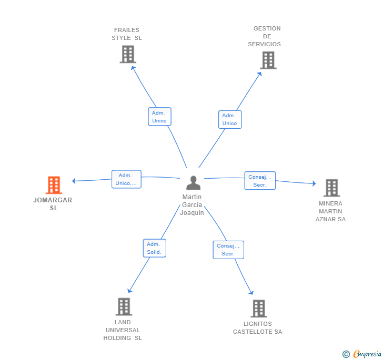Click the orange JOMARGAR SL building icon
(x=54, y=185)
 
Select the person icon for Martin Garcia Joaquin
(x=194, y=183)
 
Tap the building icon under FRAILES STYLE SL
(x=128, y=54)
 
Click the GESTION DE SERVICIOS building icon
(x=268, y=60)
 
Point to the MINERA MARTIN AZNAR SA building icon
(x=331, y=188)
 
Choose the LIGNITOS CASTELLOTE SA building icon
(x=259, y=308)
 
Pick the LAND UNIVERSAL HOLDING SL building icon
(x=124, y=306)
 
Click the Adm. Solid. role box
(x=155, y=248)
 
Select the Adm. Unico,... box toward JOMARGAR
(x=126, y=179)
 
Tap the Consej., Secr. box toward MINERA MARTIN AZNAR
(x=260, y=181)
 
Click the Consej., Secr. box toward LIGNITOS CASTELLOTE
(x=228, y=250)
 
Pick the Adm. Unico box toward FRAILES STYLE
(x=160, y=117)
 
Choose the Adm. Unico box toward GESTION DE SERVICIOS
(x=230, y=120)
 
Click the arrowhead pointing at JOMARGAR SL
(x=74, y=181)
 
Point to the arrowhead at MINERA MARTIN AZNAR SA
(x=314, y=183)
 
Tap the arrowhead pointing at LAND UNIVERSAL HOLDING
(x=129, y=290)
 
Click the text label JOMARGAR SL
(x=53, y=204)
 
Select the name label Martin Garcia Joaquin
(x=192, y=205)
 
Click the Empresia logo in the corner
(x=362, y=354)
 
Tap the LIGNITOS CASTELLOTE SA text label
(x=257, y=328)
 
